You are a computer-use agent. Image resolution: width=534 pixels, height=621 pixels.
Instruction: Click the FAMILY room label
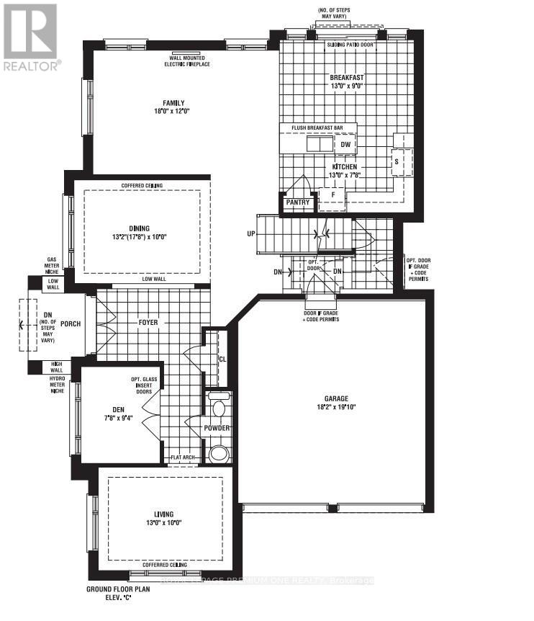[x=173, y=102]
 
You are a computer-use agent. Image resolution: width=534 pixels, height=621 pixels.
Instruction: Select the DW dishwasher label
[x=345, y=145]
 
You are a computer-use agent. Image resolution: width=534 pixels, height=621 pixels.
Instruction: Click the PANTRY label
[x=297, y=202]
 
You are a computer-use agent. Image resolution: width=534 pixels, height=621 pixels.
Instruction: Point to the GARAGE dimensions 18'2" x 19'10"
[x=335, y=407]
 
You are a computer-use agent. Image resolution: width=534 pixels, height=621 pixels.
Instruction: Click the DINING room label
[x=140, y=228]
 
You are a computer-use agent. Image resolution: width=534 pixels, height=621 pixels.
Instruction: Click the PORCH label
[x=70, y=323]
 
